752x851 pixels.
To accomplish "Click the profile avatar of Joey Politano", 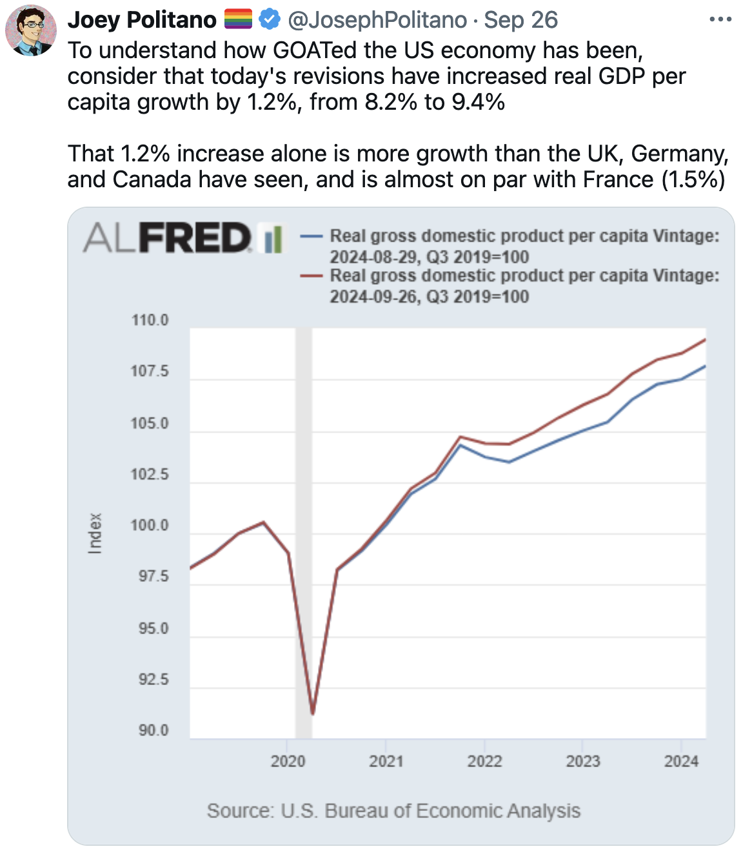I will [x=31, y=30].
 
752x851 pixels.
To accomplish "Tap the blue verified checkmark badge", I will [x=270, y=20].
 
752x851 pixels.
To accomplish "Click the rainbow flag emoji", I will [x=238, y=20].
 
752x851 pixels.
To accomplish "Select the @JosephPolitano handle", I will [x=377, y=20].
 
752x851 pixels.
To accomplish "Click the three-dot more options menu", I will [x=720, y=20].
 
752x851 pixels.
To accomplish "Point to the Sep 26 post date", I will [x=521, y=20].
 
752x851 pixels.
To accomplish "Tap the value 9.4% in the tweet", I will [x=478, y=102].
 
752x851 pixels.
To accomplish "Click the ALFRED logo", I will [x=183, y=238].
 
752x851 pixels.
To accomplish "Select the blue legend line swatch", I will [x=312, y=236].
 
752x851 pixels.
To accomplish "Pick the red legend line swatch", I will [x=312, y=276].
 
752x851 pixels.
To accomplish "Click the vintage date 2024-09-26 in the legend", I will [x=373, y=296].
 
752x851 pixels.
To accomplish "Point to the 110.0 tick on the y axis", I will [x=150, y=320].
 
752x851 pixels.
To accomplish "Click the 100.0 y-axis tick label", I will [x=150, y=526].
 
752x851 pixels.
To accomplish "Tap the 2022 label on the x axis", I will [x=484, y=761].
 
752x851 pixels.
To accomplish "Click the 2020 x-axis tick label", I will [x=288, y=761].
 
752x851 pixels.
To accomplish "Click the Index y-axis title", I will [x=95, y=533].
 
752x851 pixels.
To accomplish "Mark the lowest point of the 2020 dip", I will [x=312, y=713].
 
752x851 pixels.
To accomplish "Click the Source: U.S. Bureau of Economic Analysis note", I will [x=393, y=811].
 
